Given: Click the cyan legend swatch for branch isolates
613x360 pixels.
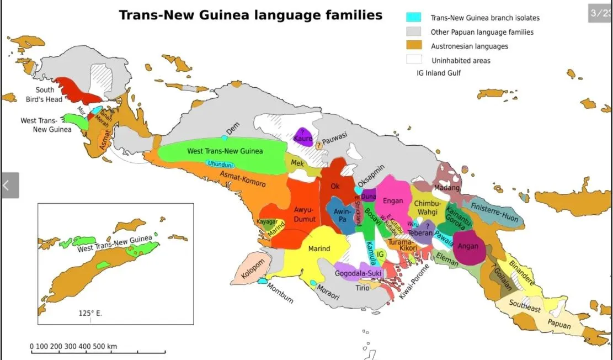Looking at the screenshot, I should (413, 18).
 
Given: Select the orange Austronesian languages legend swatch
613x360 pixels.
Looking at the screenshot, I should (413, 46).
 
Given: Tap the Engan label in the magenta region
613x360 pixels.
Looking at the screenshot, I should (392, 200).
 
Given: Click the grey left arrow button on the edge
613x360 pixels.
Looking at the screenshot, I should (9, 186).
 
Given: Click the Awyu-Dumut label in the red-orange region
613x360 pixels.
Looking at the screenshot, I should (303, 215).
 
